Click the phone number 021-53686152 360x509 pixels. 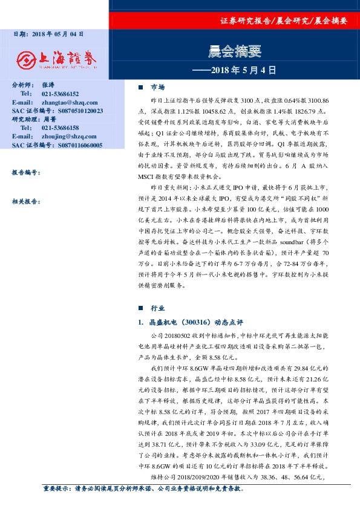tap(61, 94)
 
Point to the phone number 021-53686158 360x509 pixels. tap(61, 129)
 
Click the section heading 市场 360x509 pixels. tap(157, 87)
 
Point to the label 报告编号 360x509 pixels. tap(25, 172)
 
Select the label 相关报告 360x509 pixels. tap(25, 200)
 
